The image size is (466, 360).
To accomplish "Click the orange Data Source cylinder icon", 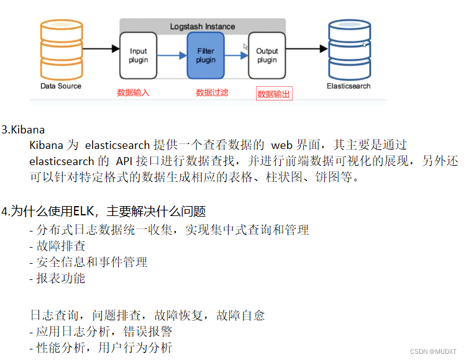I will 60,49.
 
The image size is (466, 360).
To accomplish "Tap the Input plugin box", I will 139,56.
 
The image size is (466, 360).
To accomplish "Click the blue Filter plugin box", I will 206,56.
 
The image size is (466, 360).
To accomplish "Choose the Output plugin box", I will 267,56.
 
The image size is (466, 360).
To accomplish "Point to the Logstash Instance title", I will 203,27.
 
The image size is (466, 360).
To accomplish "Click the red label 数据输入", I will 134,92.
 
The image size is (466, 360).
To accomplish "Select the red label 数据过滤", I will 212,92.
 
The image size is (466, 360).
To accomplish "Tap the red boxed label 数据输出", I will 274,94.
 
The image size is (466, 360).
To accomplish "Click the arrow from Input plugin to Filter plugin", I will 172,56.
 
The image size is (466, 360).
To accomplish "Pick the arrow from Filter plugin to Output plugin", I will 236,56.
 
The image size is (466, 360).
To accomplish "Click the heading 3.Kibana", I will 23,130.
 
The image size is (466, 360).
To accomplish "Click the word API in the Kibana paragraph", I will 125,161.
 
